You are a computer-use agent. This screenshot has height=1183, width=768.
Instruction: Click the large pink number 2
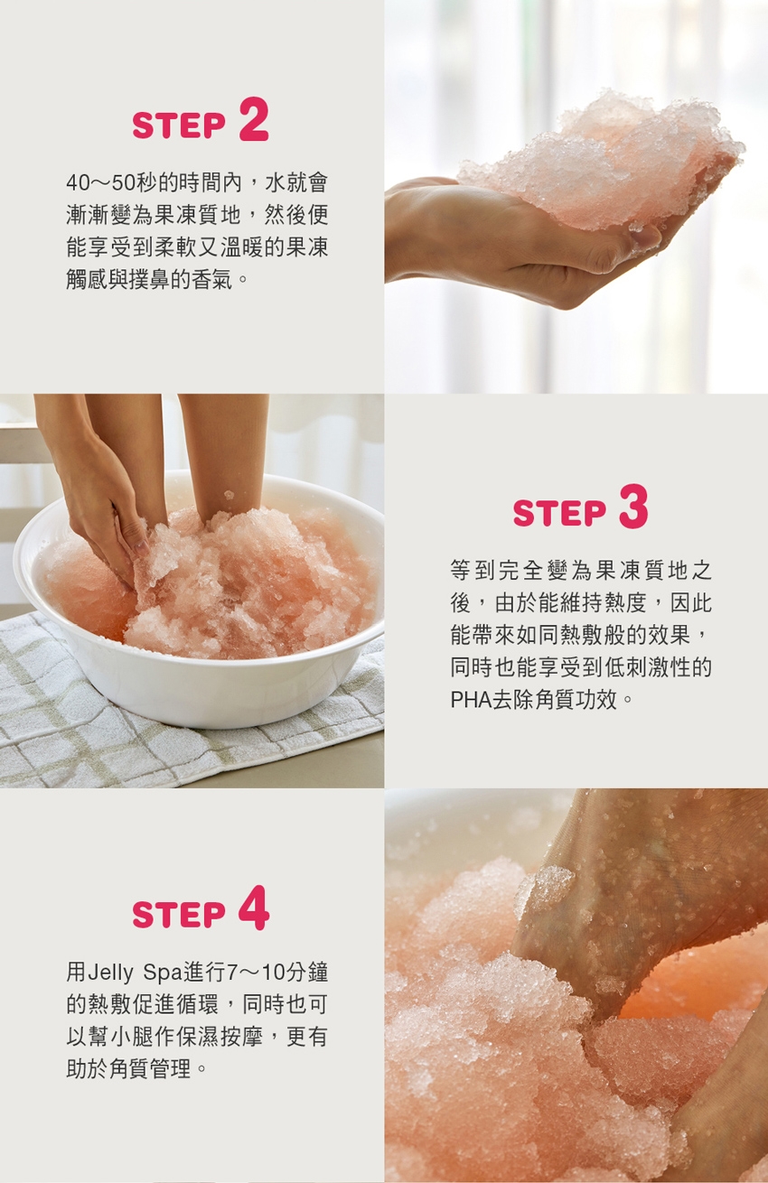[x=254, y=119]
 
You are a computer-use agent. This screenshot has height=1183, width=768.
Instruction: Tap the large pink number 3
[x=633, y=507]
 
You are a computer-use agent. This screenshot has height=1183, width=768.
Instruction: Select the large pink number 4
[x=254, y=908]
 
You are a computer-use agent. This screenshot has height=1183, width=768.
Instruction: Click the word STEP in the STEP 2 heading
[x=179, y=126]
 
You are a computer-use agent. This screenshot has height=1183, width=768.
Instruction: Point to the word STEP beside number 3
[x=559, y=513]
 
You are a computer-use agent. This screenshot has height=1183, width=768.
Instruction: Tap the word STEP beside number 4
[x=179, y=915]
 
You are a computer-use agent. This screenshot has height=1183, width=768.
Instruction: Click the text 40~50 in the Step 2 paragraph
[x=101, y=182]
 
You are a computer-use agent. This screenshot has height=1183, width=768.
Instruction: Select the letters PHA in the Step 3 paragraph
[x=471, y=700]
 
